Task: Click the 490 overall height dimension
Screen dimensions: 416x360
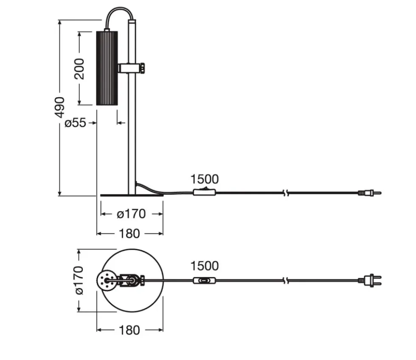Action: (60, 107)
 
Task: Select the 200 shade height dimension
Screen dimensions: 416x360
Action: (79, 69)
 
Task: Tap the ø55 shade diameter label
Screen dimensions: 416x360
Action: (76, 123)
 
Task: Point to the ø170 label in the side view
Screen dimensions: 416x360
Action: (131, 214)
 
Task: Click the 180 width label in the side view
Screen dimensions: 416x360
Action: (129, 234)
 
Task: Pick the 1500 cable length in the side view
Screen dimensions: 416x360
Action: (205, 179)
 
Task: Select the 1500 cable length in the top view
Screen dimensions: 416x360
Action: (205, 266)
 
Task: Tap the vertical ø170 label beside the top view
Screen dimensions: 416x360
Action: (79, 281)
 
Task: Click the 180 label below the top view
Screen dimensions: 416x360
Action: (129, 330)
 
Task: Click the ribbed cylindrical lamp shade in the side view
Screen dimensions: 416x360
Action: (107, 68)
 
